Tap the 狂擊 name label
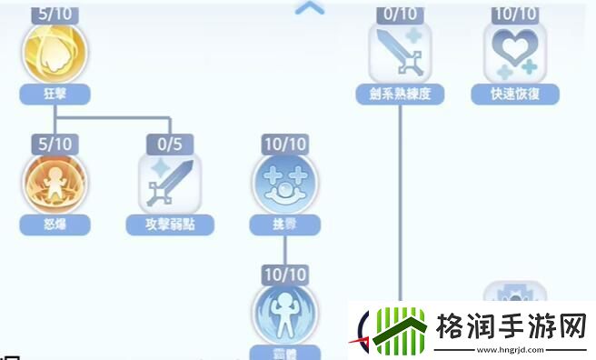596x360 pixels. click(x=55, y=92)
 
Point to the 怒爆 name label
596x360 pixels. click(x=55, y=224)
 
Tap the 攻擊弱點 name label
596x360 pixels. click(x=170, y=224)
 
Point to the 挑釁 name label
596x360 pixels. click(x=284, y=224)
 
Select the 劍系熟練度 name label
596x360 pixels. click(x=399, y=92)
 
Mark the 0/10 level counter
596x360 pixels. click(x=399, y=14)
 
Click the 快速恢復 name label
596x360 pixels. click(x=515, y=92)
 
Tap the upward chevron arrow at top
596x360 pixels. click(x=310, y=8)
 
